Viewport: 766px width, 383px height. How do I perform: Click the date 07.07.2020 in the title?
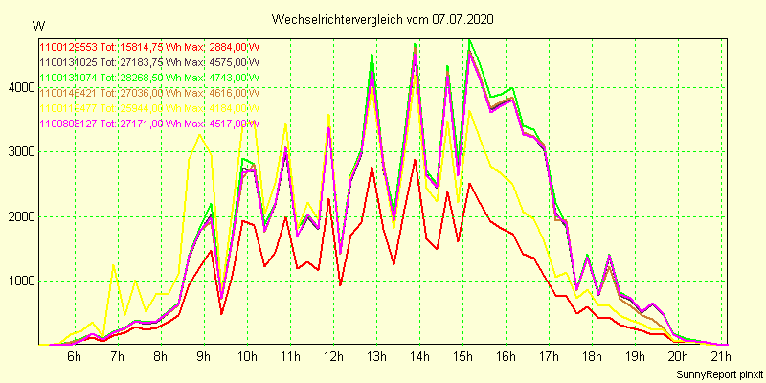pyautogui.click(x=466, y=19)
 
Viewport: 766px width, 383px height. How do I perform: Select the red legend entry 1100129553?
pyautogui.click(x=69, y=46)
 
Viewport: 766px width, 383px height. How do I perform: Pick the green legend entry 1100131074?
pyautogui.click(x=69, y=77)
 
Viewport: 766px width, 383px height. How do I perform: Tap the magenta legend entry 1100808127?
pyautogui.click(x=69, y=123)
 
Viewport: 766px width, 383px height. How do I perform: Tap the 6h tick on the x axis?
pyautogui.click(x=74, y=356)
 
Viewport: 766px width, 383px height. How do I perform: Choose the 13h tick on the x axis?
pyautogui.click(x=375, y=356)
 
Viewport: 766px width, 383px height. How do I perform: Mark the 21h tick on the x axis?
pyautogui.click(x=722, y=356)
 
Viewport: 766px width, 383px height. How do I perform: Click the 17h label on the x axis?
pyautogui.click(x=549, y=356)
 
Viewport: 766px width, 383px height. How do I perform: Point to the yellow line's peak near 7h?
pyautogui.click(x=114, y=265)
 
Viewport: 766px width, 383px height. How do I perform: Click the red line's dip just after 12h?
pyautogui.click(x=340, y=284)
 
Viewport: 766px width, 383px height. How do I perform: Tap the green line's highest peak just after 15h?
pyautogui.click(x=469, y=39)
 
